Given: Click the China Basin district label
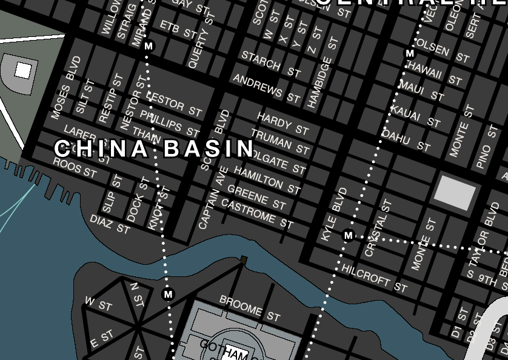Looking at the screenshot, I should pyautogui.click(x=154, y=148).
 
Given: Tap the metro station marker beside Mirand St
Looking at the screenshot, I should pyautogui.click(x=149, y=46).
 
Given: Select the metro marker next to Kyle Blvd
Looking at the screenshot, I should pyautogui.click(x=348, y=235).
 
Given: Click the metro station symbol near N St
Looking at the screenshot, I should pyautogui.click(x=169, y=295).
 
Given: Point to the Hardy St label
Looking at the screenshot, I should pyautogui.click(x=283, y=123).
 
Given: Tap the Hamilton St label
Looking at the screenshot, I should pyautogui.click(x=267, y=181).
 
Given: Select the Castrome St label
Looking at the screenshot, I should pyautogui.click(x=257, y=213).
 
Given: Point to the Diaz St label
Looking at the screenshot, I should pyautogui.click(x=110, y=224).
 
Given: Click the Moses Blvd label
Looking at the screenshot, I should pyautogui.click(x=66, y=87).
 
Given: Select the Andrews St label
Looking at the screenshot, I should pyautogui.click(x=267, y=88).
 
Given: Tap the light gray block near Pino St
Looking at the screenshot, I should pyautogui.click(x=455, y=193).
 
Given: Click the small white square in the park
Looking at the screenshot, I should pyautogui.click(x=23, y=71).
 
